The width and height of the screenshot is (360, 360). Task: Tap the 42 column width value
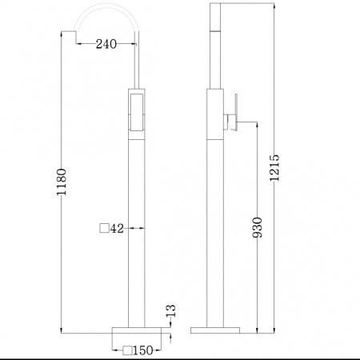[117, 229]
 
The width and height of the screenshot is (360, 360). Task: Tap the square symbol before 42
[103, 229]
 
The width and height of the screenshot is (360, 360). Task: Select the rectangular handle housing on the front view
[135, 113]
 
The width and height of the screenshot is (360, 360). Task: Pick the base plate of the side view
[214, 329]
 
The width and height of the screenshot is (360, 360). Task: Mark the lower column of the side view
[214, 232]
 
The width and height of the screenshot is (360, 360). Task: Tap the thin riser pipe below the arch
[138, 60]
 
